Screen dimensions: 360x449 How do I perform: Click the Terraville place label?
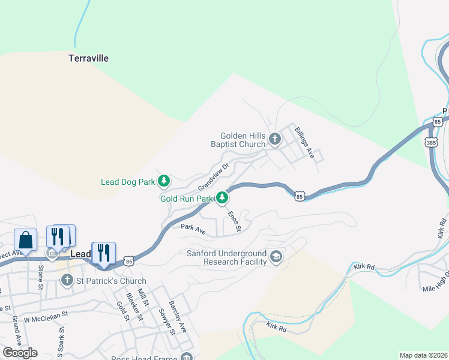point(88,59)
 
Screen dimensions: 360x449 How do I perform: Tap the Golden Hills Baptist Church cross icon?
point(274,140)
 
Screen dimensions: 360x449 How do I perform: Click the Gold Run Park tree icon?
point(223,197)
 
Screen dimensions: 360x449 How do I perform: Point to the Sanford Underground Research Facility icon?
point(276,257)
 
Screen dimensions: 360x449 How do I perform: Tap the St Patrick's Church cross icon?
point(67,280)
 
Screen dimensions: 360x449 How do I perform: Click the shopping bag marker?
point(26,240)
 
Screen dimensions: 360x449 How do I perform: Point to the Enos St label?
point(234,221)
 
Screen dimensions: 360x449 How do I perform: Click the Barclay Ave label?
point(178,317)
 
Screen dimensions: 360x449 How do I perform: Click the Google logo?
point(20,353)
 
